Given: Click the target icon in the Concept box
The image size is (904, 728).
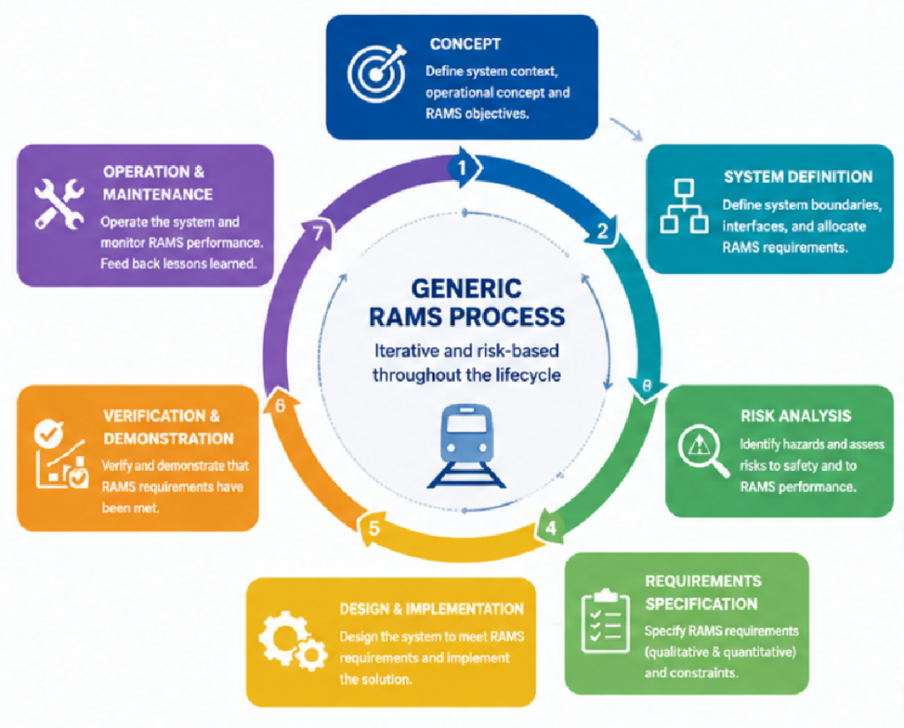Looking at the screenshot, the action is pos(376,73).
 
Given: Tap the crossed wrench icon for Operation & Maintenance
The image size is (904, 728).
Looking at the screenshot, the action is pos(59,203).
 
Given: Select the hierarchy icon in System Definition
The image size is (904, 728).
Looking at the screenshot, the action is pos(684,206).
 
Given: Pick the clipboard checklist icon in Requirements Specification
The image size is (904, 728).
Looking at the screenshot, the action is pos(605,621).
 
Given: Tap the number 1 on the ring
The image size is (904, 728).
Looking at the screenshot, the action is pos(461,168).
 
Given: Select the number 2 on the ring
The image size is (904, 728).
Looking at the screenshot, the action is pos(602,231).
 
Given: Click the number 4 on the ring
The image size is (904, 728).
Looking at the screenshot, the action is pos(551,527).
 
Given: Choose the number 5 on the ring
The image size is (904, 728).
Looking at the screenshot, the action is pos(374,527).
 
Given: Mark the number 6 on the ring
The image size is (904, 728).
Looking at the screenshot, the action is pos(280,406).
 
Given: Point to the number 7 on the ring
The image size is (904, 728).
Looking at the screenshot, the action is pos(317,233).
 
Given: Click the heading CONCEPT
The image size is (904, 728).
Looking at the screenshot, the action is pos(465,44).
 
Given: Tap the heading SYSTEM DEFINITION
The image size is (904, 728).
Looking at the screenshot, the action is pos(798,177).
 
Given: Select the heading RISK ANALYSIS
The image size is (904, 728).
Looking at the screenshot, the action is pos(795,416).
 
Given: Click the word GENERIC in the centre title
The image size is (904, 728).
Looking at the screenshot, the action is pos(467,288).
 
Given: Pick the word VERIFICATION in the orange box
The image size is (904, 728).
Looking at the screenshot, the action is pos(154,416).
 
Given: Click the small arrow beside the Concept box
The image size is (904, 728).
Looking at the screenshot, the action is pos(626,129).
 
